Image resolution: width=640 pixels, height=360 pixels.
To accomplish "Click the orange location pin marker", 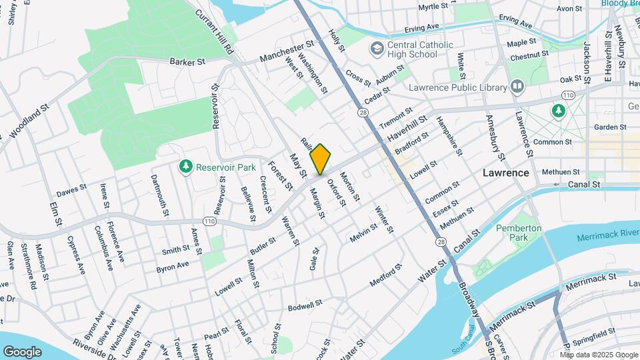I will [x=320, y=159].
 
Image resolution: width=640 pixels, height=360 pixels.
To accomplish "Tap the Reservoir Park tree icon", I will [x=187, y=166].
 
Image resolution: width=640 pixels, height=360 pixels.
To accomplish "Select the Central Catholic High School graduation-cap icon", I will [x=377, y=49].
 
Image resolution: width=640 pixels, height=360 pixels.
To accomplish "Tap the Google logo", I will [x=22, y=351].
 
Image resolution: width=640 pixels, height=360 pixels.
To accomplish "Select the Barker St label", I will [x=187, y=62].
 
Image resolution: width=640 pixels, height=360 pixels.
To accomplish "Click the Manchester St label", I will [x=287, y=51].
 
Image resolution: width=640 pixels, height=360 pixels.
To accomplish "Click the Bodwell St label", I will [x=305, y=305].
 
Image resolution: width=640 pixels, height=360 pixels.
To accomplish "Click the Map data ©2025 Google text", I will [x=599, y=355].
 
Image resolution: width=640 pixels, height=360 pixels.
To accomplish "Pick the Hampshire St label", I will [x=448, y=136].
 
